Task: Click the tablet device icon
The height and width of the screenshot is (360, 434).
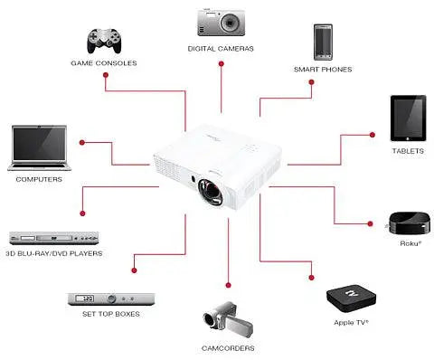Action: [407, 118]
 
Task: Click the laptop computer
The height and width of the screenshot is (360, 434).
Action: [39, 147]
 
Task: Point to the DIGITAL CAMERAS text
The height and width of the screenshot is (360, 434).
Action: [222, 47]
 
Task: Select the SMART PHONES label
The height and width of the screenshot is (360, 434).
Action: [323, 69]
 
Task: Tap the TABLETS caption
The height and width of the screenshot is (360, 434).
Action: [408, 151]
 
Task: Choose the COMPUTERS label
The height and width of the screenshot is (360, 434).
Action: [39, 179]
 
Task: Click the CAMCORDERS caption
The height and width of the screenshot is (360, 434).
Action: [228, 348]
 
